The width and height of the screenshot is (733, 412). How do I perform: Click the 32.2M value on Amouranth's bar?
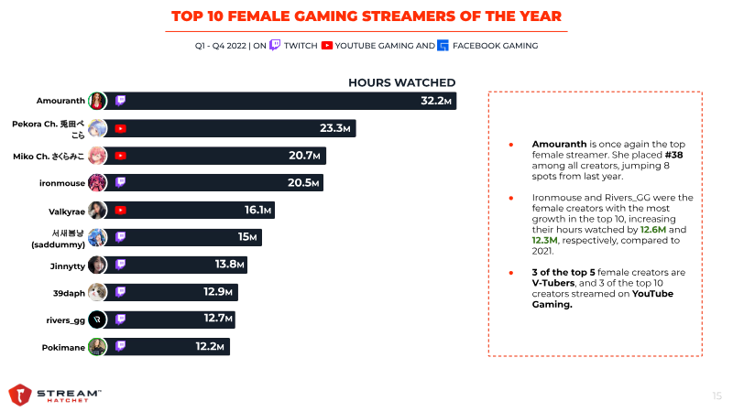point(436,101)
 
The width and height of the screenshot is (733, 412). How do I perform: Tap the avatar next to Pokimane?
point(98,347)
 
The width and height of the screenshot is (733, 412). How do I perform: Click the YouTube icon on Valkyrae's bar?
point(120,211)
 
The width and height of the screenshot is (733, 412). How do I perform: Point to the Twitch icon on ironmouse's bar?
point(120,183)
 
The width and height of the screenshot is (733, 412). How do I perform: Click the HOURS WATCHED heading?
point(402,82)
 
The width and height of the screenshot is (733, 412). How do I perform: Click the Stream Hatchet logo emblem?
point(20,394)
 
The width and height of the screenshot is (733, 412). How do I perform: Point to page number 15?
point(717,396)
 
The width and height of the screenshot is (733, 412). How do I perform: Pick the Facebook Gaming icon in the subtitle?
point(443,45)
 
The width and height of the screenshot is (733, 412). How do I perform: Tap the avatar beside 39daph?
point(98,292)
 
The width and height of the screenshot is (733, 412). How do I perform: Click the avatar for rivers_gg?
point(98,320)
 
